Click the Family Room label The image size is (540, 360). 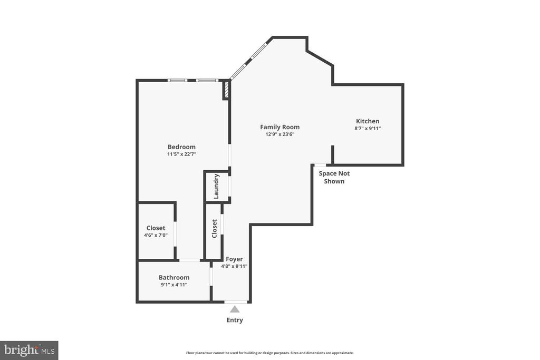[279, 127]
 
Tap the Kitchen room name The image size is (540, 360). [368, 121]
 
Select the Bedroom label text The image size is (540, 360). [181, 147]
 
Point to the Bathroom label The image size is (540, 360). [174, 277]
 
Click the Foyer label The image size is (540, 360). [234, 259]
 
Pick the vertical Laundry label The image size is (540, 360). [216, 187]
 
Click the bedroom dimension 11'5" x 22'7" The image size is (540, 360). [181, 154]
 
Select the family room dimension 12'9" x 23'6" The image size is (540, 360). [279, 134]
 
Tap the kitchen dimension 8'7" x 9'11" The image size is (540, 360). [368, 129]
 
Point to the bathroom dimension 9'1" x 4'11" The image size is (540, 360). [174, 285]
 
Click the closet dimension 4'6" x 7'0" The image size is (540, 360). [156, 235]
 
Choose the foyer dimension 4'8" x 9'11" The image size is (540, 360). [234, 266]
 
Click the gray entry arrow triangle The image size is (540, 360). [235, 309]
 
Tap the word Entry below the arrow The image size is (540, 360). [235, 320]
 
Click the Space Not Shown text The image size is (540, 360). [334, 177]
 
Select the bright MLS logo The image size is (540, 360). [29, 351]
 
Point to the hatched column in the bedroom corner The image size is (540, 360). [226, 89]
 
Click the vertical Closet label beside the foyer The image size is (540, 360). [214, 229]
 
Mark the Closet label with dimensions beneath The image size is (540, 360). [156, 228]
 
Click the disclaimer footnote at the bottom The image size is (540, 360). [269, 353]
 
